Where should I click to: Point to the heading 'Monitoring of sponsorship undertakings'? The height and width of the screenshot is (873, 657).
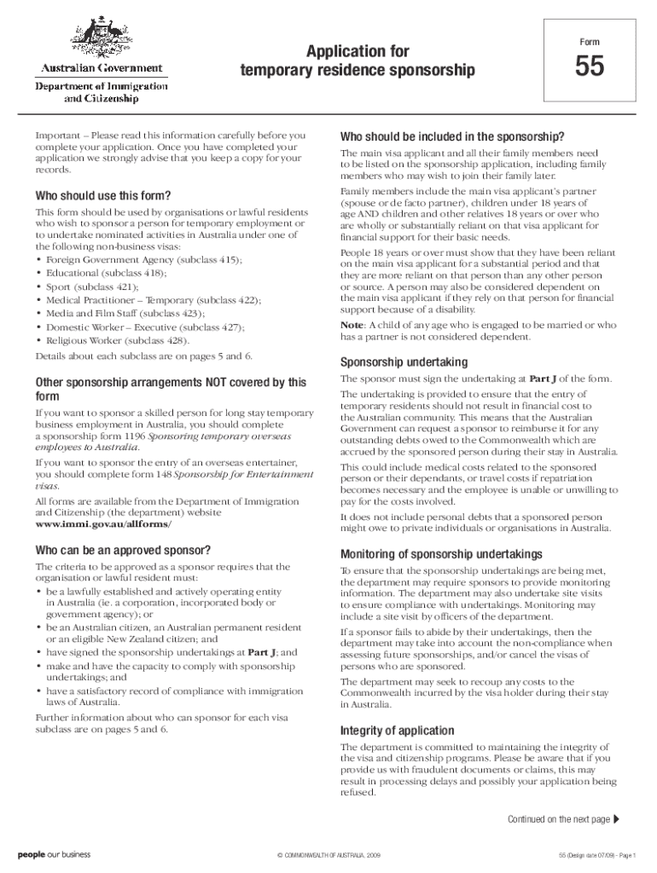coord(440,553)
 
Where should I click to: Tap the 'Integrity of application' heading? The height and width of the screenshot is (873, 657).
coord(397,731)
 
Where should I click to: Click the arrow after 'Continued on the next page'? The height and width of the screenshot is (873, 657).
coord(617,820)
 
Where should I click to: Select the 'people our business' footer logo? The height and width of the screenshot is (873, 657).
coord(54,854)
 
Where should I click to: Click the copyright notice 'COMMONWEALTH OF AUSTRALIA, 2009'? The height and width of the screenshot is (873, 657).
coord(328,855)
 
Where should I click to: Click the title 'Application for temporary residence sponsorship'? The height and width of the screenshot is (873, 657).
coord(357,61)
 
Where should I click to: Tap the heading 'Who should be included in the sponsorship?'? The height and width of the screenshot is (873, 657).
coord(452,136)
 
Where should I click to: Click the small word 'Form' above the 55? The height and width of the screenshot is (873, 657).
coord(590,42)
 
